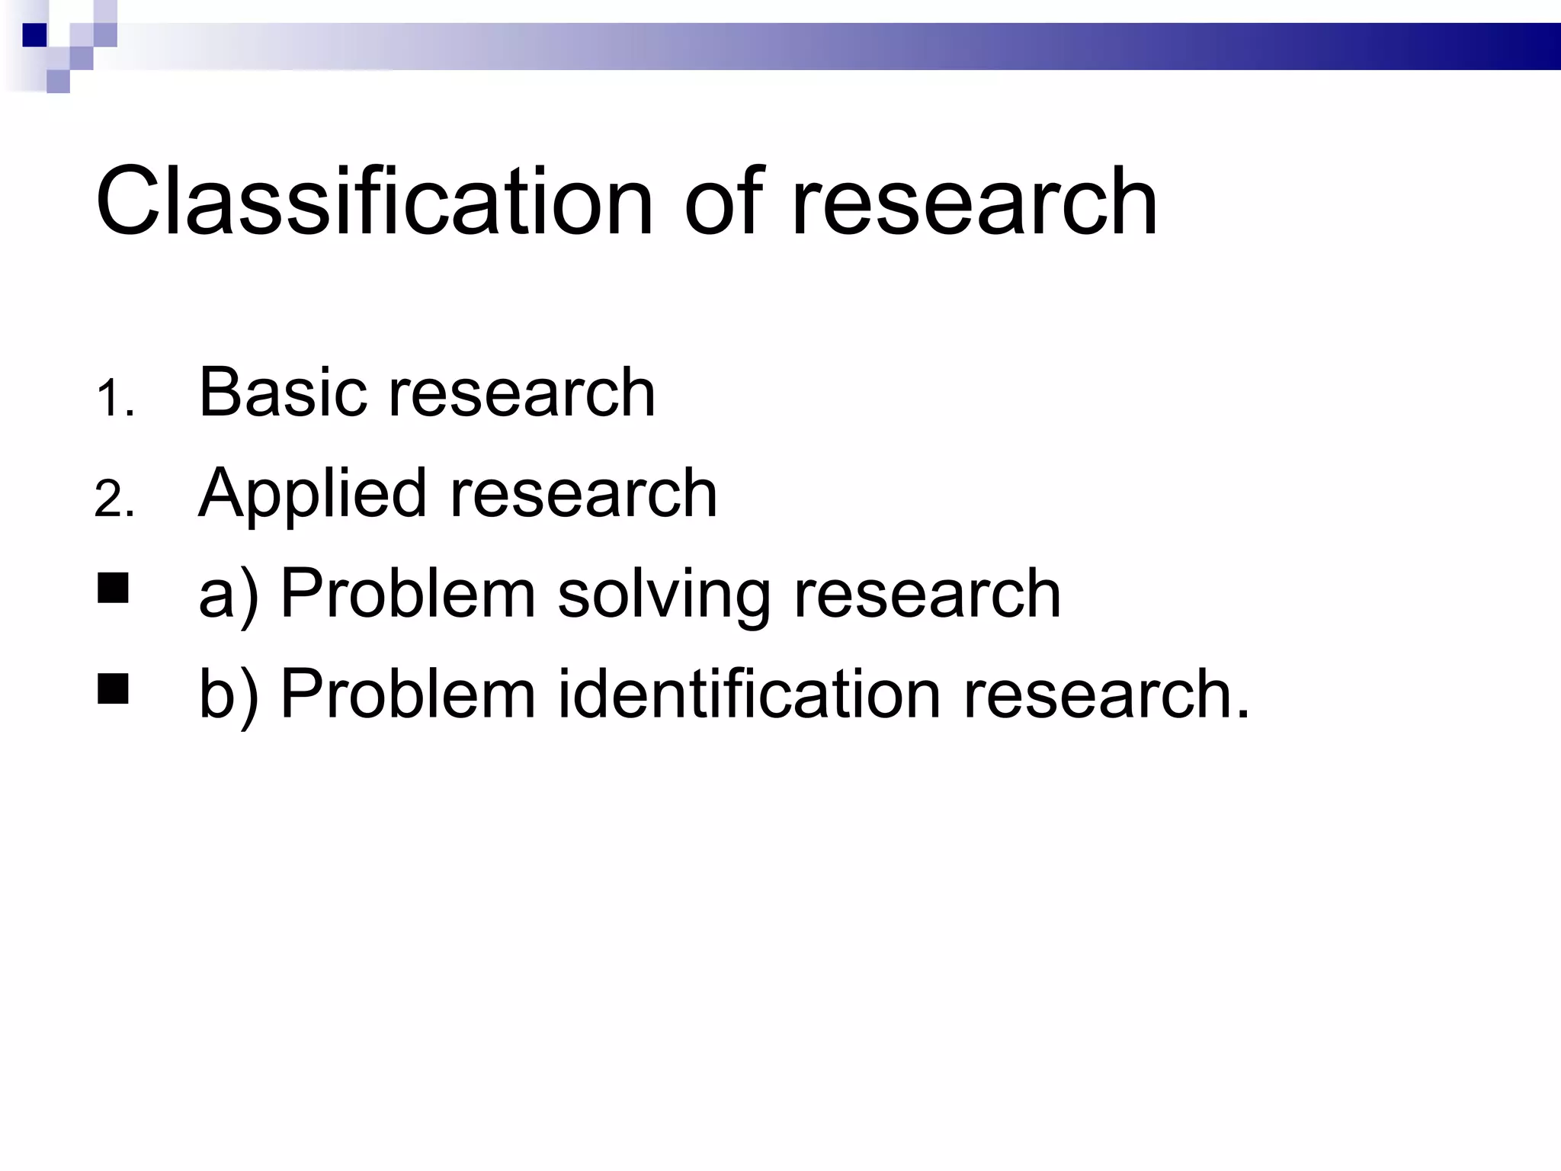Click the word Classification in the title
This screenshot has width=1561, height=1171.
(x=373, y=202)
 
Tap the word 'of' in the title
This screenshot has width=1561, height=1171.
(x=723, y=202)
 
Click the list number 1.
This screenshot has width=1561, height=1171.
(x=114, y=399)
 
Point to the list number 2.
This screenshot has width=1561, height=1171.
(x=114, y=501)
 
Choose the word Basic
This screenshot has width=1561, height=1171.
(x=282, y=393)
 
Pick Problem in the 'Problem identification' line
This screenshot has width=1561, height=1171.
(x=409, y=694)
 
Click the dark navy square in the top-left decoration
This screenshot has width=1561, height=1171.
(x=35, y=35)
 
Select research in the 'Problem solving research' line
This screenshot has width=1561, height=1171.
(x=928, y=595)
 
